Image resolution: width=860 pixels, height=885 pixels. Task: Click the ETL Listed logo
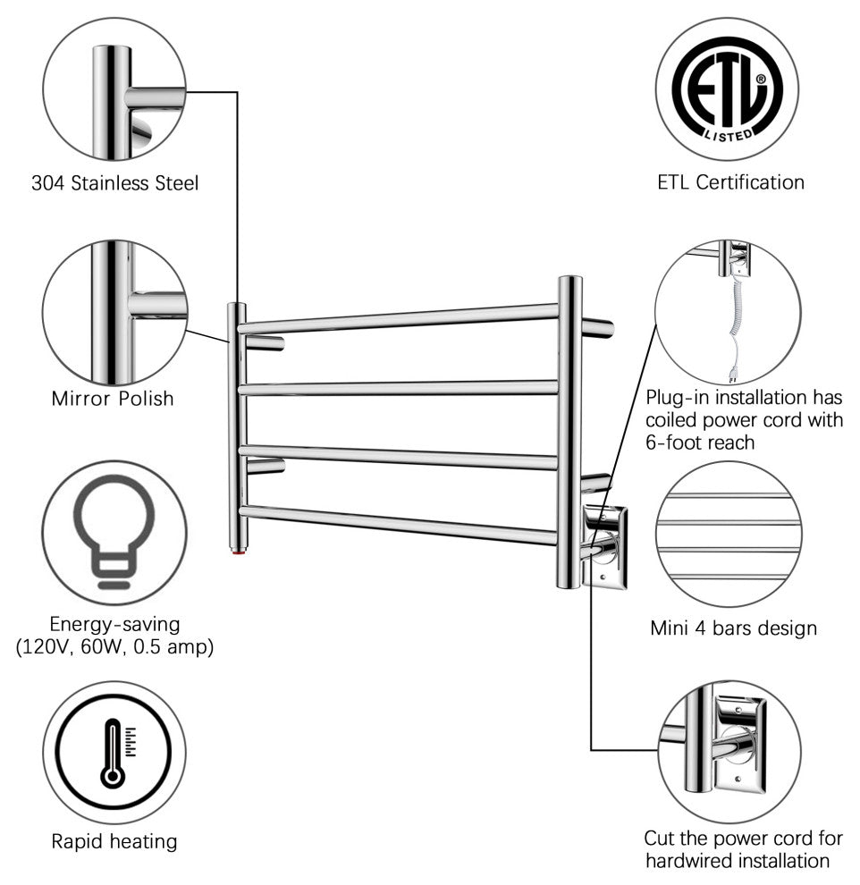coord(727,89)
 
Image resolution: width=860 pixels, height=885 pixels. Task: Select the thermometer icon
coord(114,752)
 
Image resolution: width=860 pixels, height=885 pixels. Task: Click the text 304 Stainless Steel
coord(114,183)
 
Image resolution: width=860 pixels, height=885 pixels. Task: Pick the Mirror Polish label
coord(113,398)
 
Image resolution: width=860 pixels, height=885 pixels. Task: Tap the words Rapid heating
coord(114,841)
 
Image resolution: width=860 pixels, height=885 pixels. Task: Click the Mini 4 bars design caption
coord(733,628)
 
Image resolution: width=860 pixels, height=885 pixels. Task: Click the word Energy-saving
coord(114,622)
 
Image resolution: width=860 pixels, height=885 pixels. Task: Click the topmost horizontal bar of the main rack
coord(398,317)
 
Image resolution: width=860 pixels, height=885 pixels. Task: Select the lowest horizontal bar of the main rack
coord(398,525)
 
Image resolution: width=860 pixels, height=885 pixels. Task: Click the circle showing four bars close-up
coord(728,536)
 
